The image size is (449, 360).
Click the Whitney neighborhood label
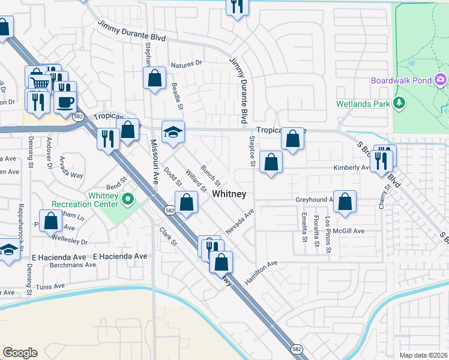click(x=229, y=194)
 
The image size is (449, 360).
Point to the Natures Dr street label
click(x=187, y=64)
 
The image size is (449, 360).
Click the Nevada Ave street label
click(x=240, y=221)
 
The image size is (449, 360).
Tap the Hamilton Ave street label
click(x=261, y=263)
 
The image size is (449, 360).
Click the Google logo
click(x=20, y=353)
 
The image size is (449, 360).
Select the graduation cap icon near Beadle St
click(x=173, y=132)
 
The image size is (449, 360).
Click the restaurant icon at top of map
click(x=237, y=6)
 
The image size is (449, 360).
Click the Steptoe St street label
click(x=253, y=151)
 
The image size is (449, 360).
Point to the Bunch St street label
click(x=211, y=175)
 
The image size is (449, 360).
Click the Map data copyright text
click(x=423, y=355)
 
